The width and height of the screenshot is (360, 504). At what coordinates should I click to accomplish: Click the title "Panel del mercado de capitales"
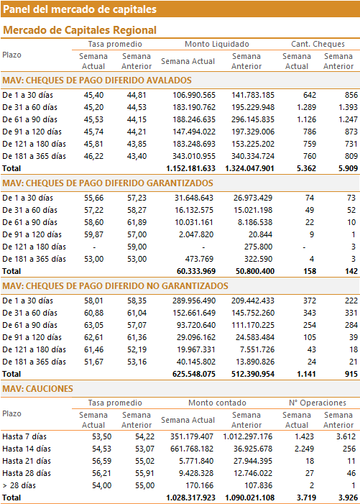pos(80,9)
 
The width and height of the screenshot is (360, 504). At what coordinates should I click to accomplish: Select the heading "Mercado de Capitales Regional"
pos(80,30)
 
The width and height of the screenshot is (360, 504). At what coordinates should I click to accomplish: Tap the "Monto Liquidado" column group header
pos(217,44)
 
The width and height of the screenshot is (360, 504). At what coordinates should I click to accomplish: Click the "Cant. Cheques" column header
pos(318,44)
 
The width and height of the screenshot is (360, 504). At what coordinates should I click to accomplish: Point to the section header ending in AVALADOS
pos(97,81)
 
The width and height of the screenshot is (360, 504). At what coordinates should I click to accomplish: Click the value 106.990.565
pos(194,95)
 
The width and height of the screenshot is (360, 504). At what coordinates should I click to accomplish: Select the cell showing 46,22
pos(94,156)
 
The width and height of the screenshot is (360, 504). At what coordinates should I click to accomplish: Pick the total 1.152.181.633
pos(190,168)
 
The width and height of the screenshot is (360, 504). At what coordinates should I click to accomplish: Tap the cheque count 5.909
pos(348,168)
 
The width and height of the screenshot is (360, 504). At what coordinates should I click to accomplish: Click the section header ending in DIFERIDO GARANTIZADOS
pos(108,183)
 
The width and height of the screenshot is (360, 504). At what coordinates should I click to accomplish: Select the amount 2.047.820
pos(196,234)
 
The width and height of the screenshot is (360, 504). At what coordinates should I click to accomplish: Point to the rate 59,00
pos(137,247)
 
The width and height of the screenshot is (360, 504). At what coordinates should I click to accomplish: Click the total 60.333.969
pos(196,271)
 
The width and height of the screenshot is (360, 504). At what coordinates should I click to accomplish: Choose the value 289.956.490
pos(194,301)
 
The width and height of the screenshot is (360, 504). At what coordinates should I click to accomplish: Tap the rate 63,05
pos(94,325)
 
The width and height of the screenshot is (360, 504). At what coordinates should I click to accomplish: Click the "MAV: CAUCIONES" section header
pos(38,389)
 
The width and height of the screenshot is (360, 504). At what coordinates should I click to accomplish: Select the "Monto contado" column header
pos(217,403)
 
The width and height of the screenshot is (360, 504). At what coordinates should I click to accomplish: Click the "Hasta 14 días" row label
pos(27,449)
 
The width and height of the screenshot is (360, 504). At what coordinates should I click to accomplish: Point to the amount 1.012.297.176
pos(248,436)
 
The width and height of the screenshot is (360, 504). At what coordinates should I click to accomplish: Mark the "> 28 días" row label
pos(19,485)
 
